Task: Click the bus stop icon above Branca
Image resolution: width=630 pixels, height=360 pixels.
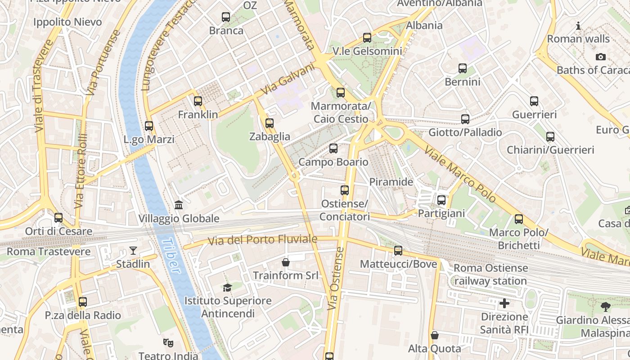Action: [x=226, y=18]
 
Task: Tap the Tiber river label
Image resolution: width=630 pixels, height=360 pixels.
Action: [x=171, y=256]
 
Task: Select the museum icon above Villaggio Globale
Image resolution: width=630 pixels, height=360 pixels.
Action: [x=179, y=205]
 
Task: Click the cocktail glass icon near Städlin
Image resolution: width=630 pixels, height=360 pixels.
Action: [x=133, y=251]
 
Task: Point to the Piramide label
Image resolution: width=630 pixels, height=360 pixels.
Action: [x=391, y=182]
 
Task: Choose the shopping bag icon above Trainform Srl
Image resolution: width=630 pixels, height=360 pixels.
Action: [x=285, y=262]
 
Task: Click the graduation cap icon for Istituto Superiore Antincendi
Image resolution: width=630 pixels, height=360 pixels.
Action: [x=227, y=288]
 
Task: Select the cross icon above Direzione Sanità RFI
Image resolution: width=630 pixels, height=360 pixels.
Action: [x=504, y=303]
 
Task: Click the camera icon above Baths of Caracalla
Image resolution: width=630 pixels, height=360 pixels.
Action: [x=600, y=57]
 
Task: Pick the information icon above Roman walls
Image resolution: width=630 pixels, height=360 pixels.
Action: [x=578, y=26]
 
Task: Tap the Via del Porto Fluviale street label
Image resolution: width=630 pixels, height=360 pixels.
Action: [x=263, y=240]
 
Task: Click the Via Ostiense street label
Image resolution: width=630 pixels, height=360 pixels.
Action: [x=337, y=278]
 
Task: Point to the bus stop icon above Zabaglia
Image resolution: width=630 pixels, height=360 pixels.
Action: [x=270, y=123]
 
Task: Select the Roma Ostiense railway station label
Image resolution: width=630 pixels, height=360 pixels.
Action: [x=490, y=274]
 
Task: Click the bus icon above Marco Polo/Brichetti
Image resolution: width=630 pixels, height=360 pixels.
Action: [x=519, y=219]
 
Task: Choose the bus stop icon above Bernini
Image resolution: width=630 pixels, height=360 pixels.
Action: [x=463, y=68]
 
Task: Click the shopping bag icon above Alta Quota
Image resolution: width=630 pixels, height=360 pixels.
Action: [x=435, y=335]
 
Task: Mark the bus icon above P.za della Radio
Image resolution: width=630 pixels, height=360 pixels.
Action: [x=83, y=302]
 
